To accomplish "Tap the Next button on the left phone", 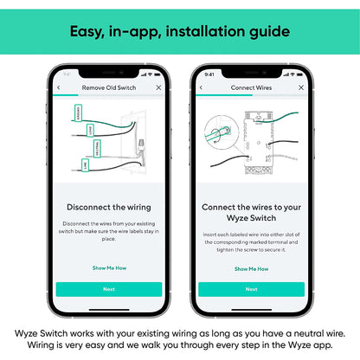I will [109, 289].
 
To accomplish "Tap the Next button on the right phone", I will [251, 289].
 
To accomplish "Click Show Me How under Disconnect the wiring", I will [109, 267].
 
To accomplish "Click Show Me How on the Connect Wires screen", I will [251, 268].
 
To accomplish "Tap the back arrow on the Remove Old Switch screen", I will [58, 87].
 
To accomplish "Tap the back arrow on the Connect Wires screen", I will [201, 87].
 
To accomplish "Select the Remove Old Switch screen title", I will [109, 87].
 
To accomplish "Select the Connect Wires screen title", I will [251, 87].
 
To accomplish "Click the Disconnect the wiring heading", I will [109, 207].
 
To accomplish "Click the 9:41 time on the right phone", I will [208, 74].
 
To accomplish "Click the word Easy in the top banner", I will [88, 32].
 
